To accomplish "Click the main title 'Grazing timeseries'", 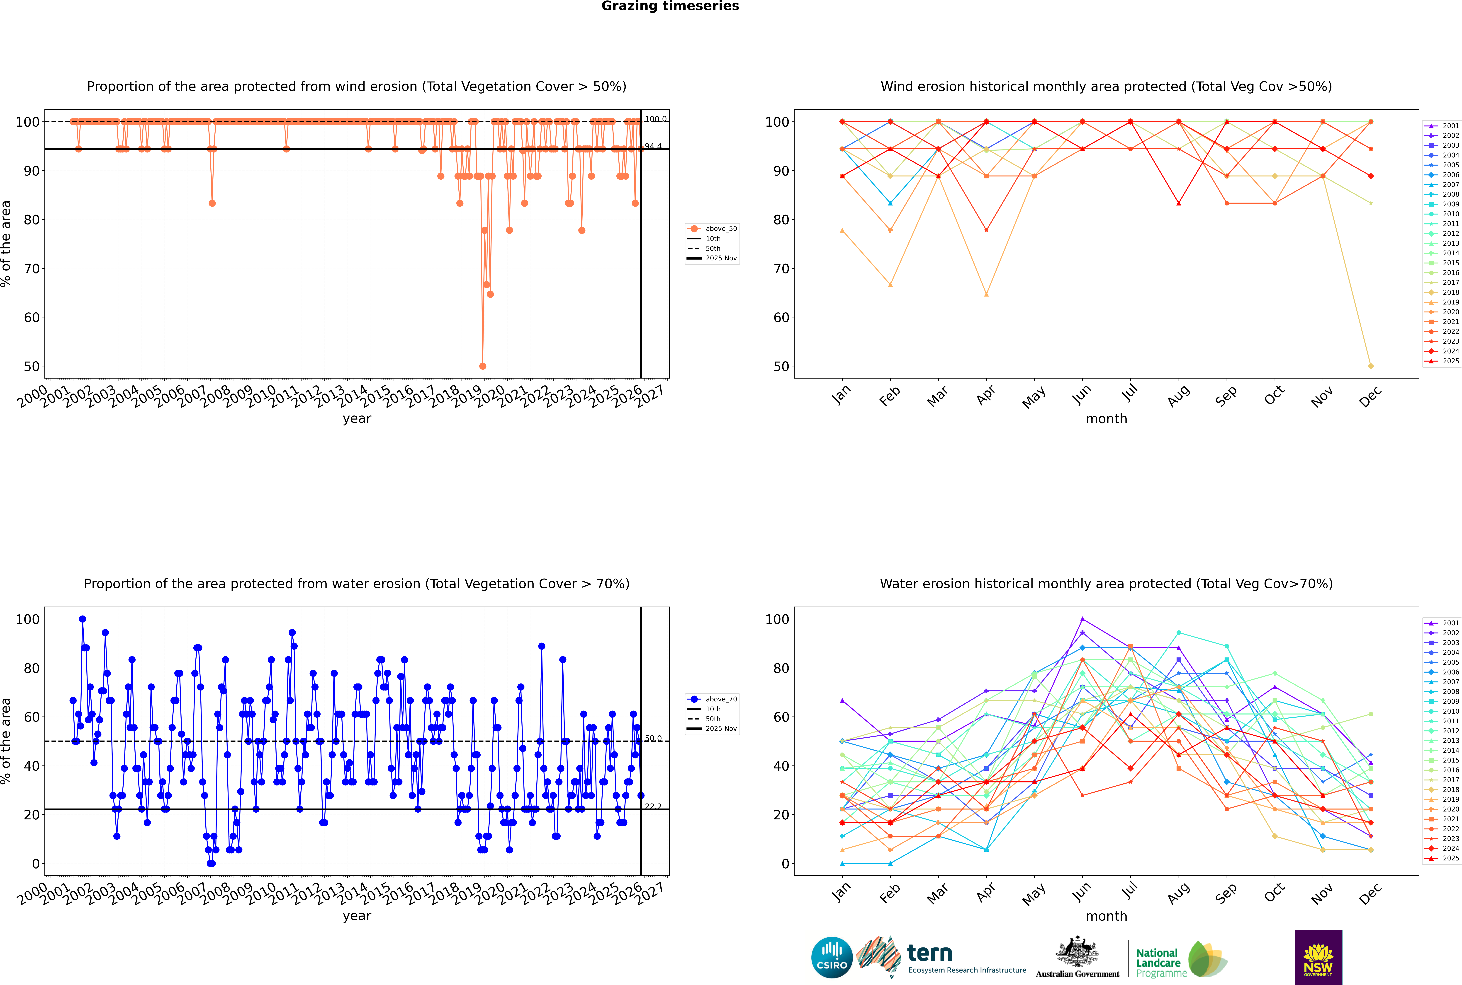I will pos(670,6).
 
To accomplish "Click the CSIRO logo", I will pos(832,957).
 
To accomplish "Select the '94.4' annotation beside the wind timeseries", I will pos(653,146).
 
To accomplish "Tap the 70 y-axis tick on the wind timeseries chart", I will pos(31,269).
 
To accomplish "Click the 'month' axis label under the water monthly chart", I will pos(1106,917).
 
